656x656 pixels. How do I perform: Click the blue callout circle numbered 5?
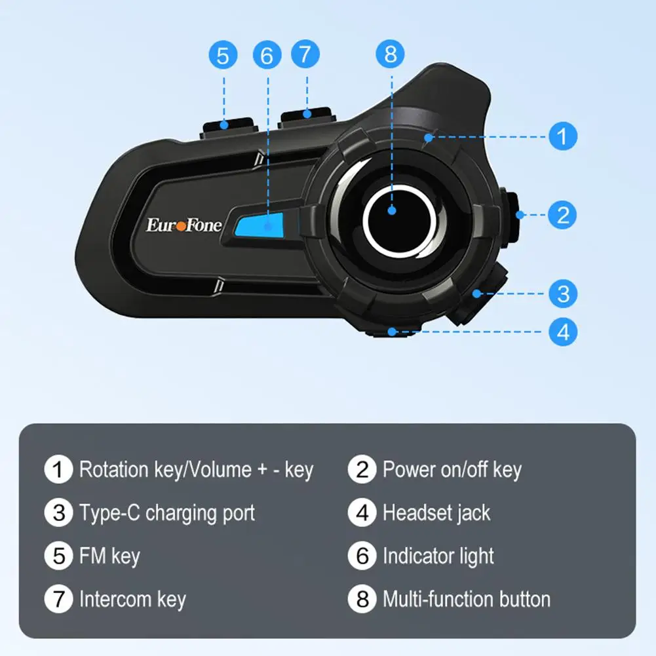tap(223, 55)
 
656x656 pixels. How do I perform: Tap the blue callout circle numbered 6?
tap(267, 55)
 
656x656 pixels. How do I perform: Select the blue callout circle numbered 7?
tap(305, 54)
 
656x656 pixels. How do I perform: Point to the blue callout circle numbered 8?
tap(391, 54)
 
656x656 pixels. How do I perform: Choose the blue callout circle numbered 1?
tap(563, 136)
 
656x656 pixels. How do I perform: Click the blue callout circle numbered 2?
tap(562, 214)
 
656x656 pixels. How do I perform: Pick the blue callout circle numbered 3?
tap(563, 294)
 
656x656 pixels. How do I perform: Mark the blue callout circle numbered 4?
tap(563, 332)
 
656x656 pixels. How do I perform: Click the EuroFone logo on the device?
tap(183, 225)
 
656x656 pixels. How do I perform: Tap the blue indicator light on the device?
tap(260, 225)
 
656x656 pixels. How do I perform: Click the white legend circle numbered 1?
tap(58, 469)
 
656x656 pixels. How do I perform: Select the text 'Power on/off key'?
tap(452, 470)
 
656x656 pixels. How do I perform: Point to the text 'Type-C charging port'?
tap(167, 513)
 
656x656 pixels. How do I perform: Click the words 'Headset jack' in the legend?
tap(436, 513)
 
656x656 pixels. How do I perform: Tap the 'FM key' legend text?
tap(109, 556)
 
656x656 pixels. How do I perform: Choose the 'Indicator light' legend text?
tap(438, 556)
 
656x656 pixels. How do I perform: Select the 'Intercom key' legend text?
tap(132, 599)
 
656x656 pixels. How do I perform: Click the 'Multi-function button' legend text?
tap(467, 599)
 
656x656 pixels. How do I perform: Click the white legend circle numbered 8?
tap(362, 599)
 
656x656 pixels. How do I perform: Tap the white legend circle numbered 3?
tap(58, 513)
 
